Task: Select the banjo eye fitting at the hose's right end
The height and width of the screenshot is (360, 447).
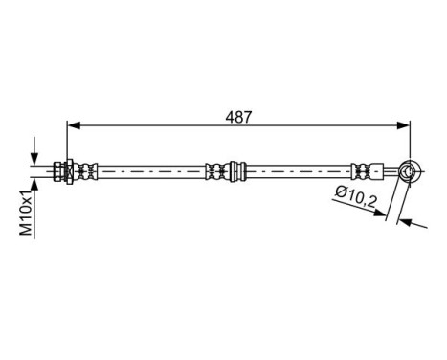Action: [409, 171]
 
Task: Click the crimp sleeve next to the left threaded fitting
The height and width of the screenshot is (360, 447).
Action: [89, 171]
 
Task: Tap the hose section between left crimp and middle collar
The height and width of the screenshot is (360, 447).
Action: [148, 171]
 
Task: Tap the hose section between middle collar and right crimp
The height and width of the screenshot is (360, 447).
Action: [297, 171]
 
